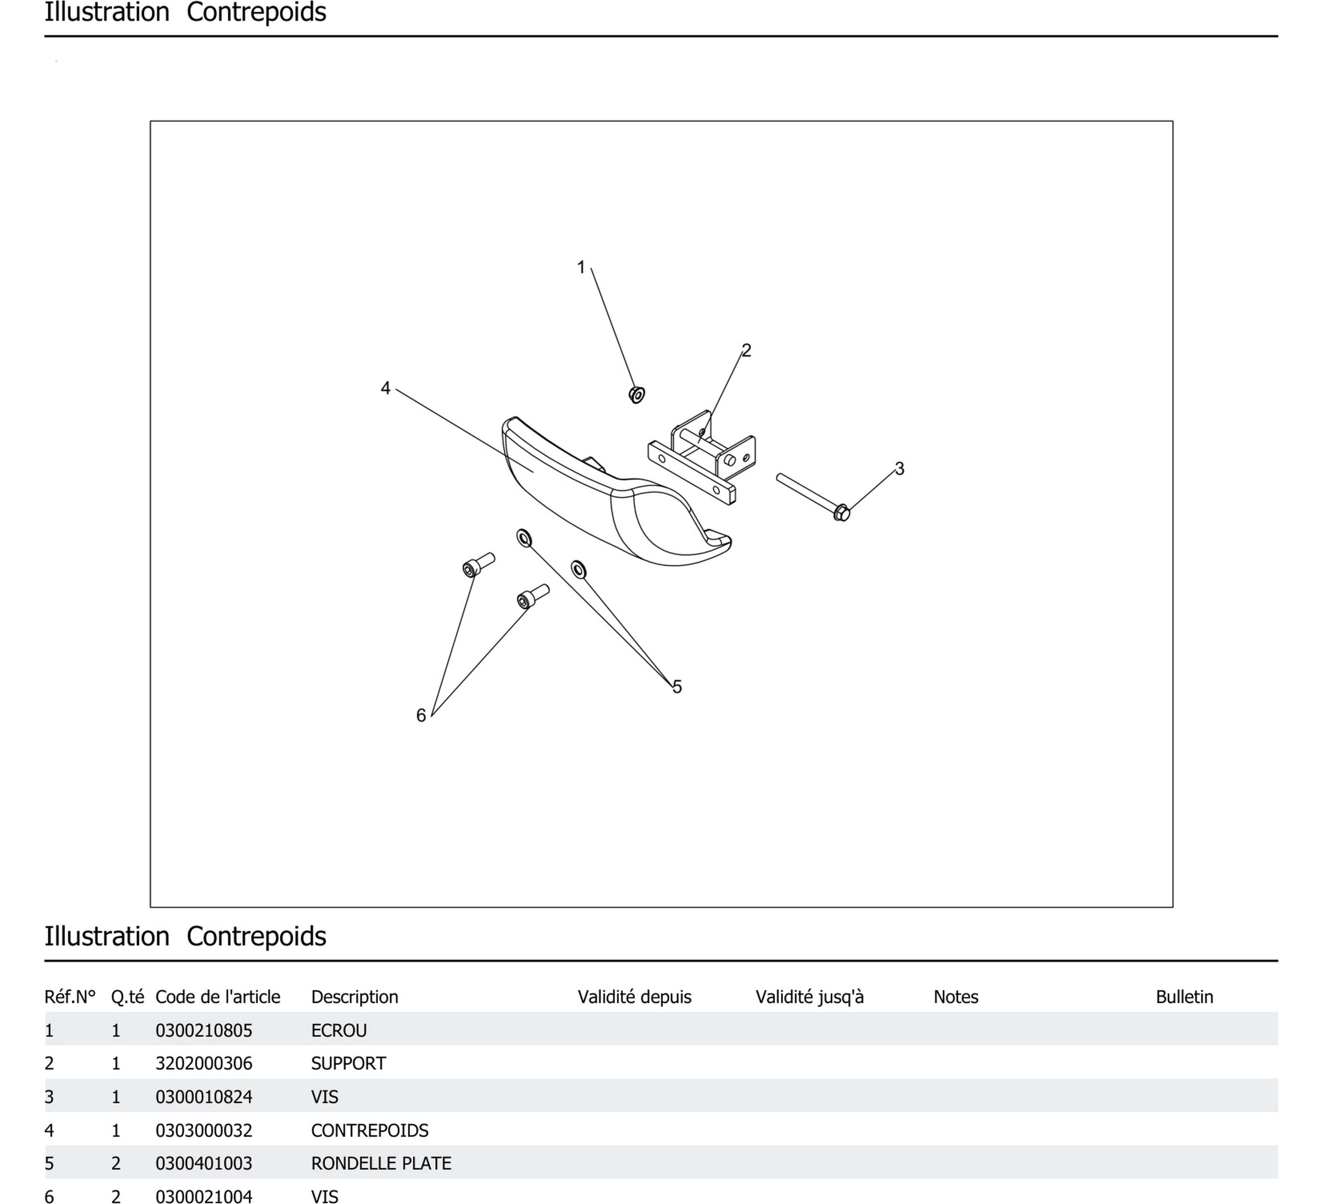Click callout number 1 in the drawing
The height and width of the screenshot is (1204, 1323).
(581, 267)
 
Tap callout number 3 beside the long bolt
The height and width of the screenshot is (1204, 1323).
(899, 469)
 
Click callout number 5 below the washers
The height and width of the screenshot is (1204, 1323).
(677, 687)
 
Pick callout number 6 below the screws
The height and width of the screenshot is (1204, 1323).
(421, 715)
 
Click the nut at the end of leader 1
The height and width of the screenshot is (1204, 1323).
(637, 395)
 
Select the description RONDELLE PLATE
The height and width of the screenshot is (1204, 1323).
(381, 1163)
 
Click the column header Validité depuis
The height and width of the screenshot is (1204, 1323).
(634, 997)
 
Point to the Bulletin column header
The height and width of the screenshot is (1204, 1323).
(1184, 997)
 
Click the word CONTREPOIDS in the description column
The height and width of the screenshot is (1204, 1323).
(369, 1130)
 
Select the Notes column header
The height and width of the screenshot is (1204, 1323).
(956, 997)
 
